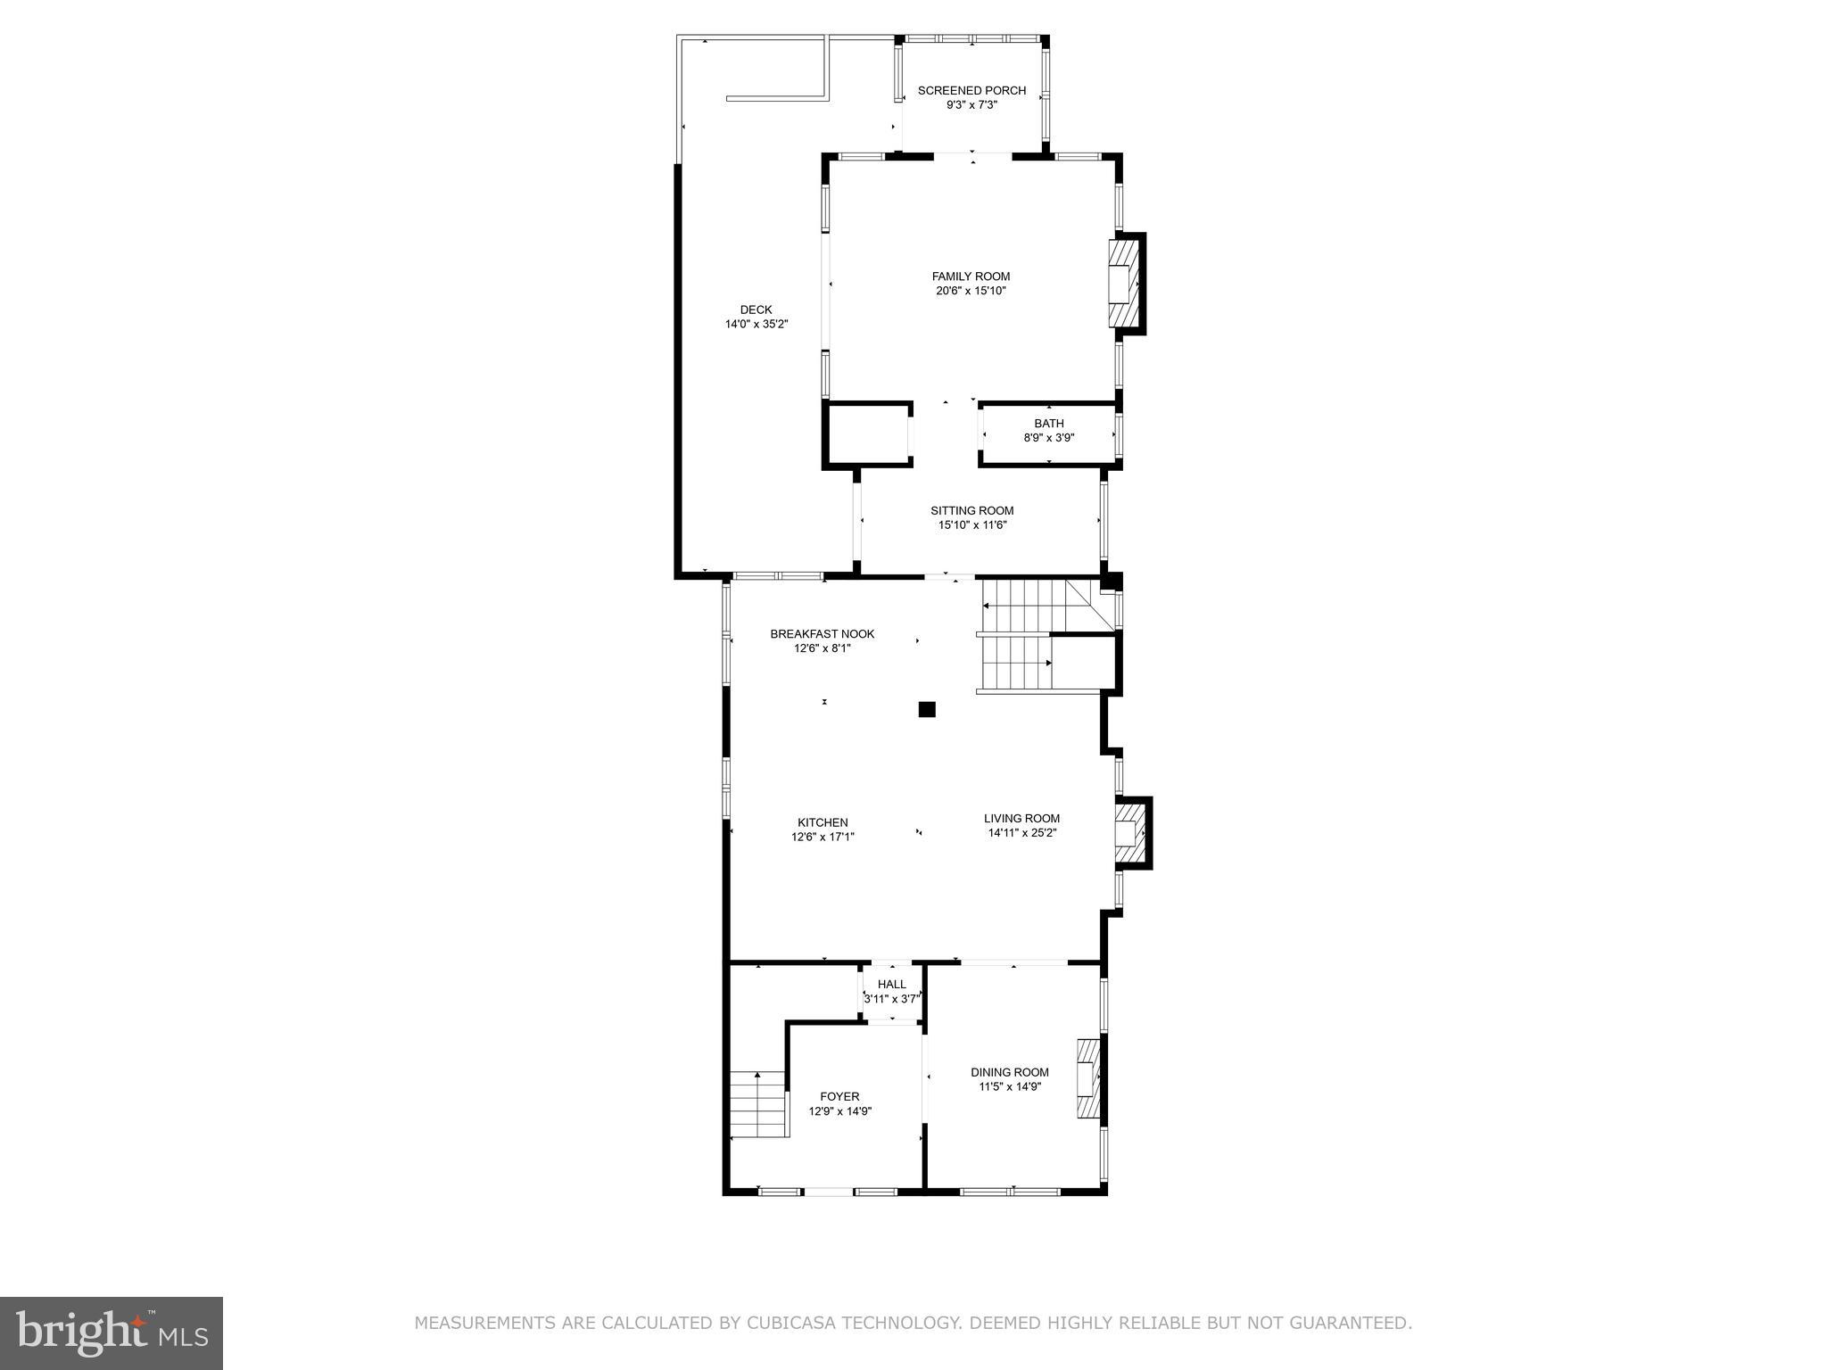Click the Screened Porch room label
[x=971, y=90]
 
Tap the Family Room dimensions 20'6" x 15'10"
[x=971, y=291]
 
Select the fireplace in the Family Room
[x=1125, y=284]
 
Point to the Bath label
[x=1048, y=423]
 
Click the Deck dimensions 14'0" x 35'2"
[x=756, y=325]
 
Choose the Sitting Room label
[x=971, y=510]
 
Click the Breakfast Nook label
[x=822, y=634]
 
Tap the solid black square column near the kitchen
[x=927, y=710]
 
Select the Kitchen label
[x=823, y=822]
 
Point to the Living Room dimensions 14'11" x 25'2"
[x=1021, y=833]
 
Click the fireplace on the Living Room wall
[x=1131, y=833]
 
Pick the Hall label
[x=891, y=985]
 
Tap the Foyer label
[x=839, y=1096]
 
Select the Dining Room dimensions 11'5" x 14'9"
[x=1010, y=1086]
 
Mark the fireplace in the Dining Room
[x=1088, y=1078]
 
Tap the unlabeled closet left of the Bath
[x=865, y=434]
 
